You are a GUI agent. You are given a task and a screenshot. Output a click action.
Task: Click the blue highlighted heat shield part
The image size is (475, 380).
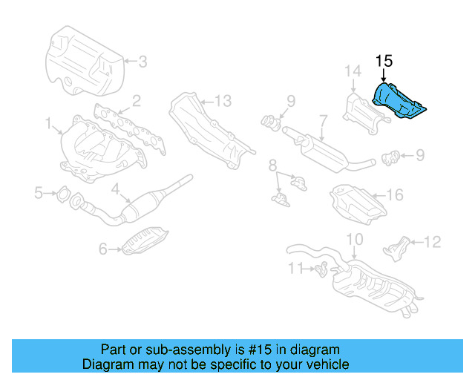click(x=399, y=102)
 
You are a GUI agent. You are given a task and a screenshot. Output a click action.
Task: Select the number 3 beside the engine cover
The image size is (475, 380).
click(x=142, y=62)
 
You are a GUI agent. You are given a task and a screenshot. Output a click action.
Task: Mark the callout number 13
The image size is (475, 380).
click(x=223, y=100)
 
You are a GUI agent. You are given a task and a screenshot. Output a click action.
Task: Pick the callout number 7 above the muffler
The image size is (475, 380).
click(x=324, y=119)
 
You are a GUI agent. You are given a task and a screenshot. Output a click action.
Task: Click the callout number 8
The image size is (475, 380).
click(x=273, y=163)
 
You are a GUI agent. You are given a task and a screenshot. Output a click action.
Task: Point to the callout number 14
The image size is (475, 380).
click(x=352, y=71)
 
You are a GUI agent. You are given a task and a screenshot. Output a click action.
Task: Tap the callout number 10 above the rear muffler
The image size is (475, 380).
click(x=355, y=239)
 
